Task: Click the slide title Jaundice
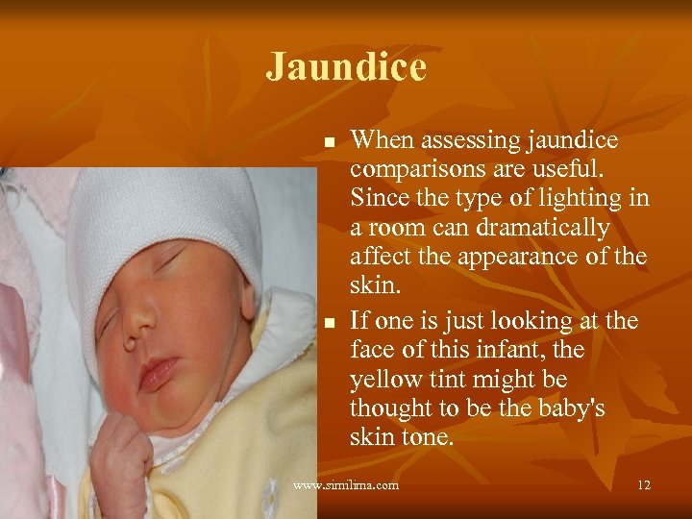346,67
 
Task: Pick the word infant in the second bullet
527,349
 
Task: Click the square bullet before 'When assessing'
329,142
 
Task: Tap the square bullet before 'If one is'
329,322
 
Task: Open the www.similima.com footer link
346,485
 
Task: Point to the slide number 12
643,485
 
